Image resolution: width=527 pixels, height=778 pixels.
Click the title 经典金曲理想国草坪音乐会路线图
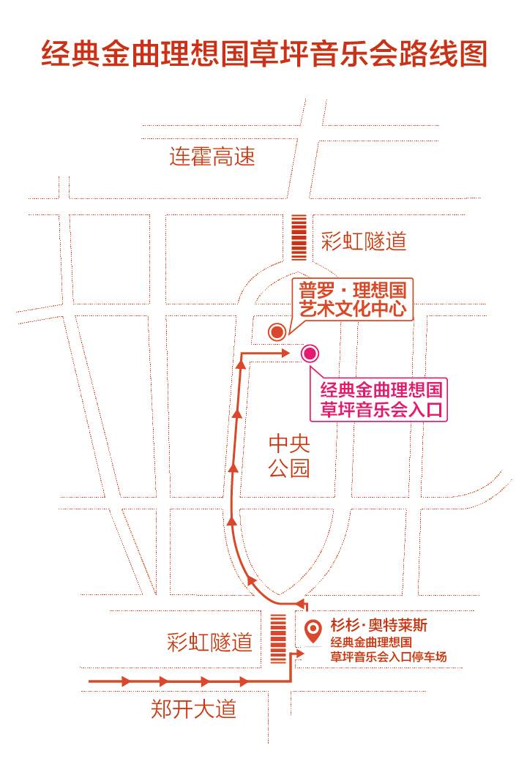[x=263, y=55]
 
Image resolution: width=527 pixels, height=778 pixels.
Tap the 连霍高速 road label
[x=212, y=156]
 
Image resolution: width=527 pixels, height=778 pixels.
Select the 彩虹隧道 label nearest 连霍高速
[x=363, y=241]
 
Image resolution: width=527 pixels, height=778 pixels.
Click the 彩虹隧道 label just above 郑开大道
[x=209, y=643]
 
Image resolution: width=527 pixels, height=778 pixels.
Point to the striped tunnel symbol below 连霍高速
[x=299, y=236]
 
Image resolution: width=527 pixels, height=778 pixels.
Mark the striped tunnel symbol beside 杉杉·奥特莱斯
[x=278, y=638]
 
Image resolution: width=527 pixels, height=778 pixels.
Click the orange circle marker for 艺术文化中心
[x=277, y=332]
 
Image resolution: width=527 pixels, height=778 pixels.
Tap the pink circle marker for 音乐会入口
[x=310, y=354]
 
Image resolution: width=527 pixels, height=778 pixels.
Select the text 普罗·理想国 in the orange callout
[x=352, y=289]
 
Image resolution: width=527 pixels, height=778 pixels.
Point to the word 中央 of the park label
[x=289, y=444]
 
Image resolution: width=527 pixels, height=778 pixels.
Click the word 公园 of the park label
[x=289, y=468]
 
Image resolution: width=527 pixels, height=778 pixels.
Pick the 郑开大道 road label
[x=194, y=708]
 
